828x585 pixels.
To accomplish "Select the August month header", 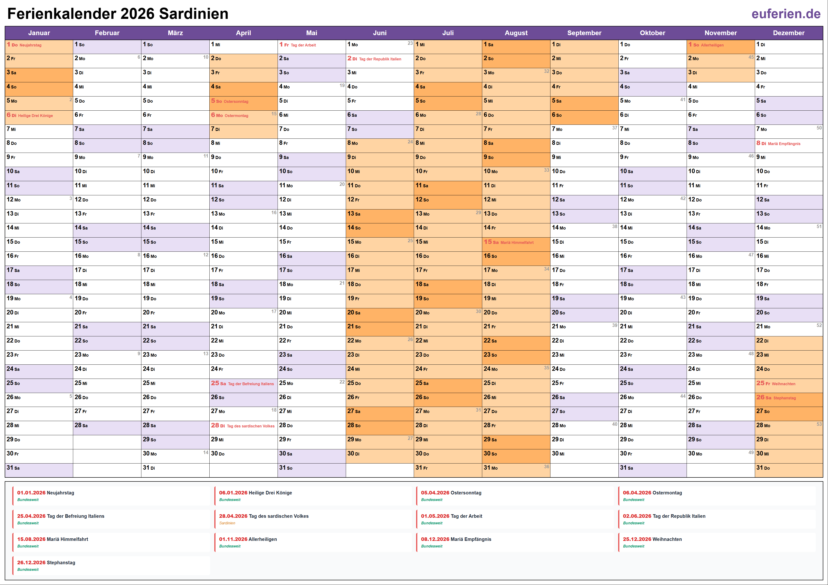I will pos(516,33).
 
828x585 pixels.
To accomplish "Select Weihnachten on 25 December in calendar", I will pos(783,384).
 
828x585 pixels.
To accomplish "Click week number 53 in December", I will pos(819,424).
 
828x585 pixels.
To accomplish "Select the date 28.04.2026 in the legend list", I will pos(233,516).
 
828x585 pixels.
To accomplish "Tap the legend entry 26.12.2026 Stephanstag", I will pos(46,563).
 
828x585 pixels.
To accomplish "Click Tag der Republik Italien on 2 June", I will pos(380,59).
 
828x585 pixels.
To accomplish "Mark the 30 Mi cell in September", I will pos(584,454).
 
